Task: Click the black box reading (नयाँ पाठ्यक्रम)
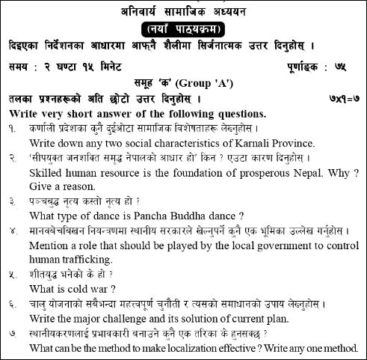[x=183, y=28]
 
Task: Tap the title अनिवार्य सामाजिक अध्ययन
[x=184, y=11]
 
